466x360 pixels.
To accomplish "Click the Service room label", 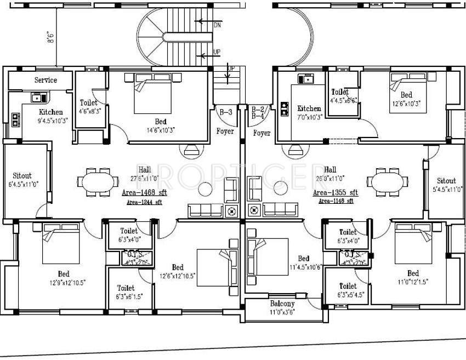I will pos(46,80).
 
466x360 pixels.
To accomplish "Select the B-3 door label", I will pos(225,112).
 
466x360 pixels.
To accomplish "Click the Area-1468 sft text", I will pos(144,193).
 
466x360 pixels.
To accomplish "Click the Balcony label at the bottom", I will pos(282,304).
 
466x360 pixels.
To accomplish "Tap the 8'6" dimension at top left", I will pos(51,37).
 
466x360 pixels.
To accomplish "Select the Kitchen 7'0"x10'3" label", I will pos(309,112).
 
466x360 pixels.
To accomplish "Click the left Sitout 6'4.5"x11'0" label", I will pos(22,180).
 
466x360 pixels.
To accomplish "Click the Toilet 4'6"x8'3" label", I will pos(89,106).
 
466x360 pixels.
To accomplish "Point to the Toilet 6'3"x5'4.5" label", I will pos(348,289).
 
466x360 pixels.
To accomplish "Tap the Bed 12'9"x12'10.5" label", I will pos(64,278).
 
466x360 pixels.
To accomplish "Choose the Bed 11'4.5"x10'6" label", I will pos(303,262).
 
